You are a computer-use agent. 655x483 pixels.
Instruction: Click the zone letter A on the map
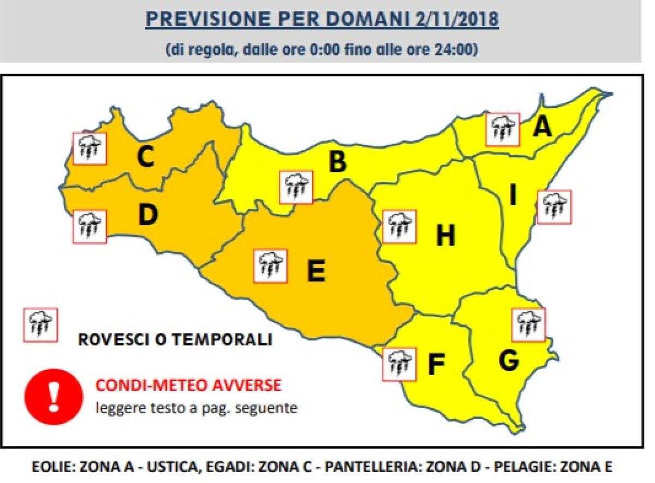tap(543, 127)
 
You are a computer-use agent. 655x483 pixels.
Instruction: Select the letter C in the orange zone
tap(145, 158)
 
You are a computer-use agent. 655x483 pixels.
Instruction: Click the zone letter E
tap(316, 271)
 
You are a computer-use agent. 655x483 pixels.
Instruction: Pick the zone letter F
tap(436, 365)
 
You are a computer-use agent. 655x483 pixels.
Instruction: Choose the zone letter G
tap(508, 360)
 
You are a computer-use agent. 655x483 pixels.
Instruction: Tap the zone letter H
tap(445, 236)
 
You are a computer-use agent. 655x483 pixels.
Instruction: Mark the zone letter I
tap(513, 195)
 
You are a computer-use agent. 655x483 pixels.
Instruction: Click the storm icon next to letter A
tap(503, 129)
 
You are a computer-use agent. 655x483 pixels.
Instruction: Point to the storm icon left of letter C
tap(90, 148)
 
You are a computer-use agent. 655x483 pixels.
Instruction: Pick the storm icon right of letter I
tap(554, 207)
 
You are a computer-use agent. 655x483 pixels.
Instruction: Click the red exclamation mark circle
tap(53, 396)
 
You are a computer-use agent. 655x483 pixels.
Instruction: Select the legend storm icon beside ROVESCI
tap(40, 325)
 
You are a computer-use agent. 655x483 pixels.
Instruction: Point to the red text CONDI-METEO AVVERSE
tap(189, 385)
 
